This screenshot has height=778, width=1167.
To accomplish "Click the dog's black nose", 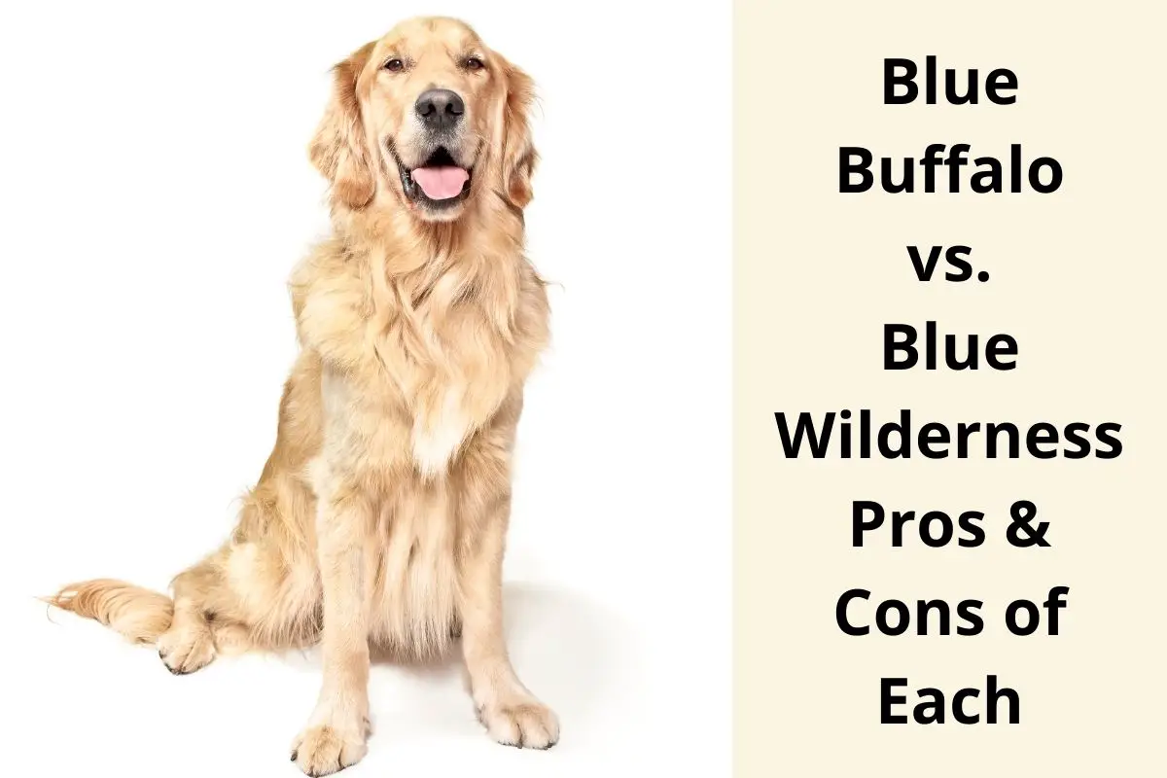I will pos(440,105).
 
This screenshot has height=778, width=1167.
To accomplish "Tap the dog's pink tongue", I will pos(440,182).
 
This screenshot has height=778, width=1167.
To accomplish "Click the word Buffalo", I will pos(949,172).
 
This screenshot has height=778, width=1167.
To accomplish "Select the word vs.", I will pos(949,263).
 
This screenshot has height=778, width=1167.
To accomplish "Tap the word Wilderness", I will pos(949,438).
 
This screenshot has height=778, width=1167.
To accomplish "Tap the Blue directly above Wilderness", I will pos(949,348).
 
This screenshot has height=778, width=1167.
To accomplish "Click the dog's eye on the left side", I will pos(393,64).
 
